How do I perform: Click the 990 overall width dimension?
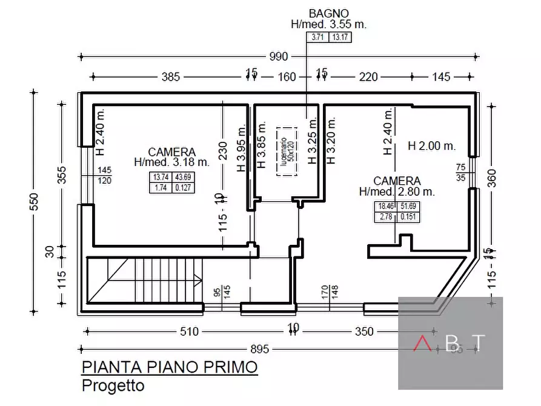[x=278, y=57]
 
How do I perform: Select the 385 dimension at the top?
[x=171, y=77]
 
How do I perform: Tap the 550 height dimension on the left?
[x=33, y=201]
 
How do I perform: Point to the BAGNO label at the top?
[x=328, y=13]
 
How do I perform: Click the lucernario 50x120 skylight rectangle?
[x=289, y=151]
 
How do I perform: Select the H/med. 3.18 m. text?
[x=171, y=162]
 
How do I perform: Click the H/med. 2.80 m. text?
[x=396, y=191]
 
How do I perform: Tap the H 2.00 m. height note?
[x=431, y=146]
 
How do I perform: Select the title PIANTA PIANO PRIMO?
[x=170, y=367]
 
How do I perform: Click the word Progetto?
[x=113, y=385]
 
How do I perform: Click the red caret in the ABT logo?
[x=422, y=344]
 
